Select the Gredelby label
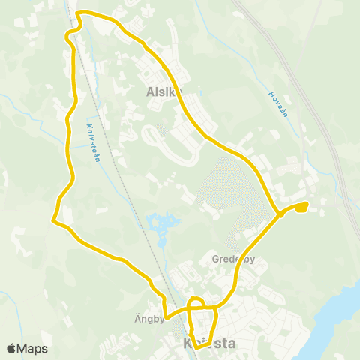(x=233, y=260)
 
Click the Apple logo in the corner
(x=11, y=349)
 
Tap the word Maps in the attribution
(x=32, y=349)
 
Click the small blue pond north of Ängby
(x=165, y=223)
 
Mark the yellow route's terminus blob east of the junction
(x=301, y=206)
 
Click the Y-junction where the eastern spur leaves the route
(x=280, y=214)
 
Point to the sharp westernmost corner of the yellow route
(x=52, y=220)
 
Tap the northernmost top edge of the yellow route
(x=86, y=12)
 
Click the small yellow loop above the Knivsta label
(x=196, y=303)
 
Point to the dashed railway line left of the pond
(x=131, y=202)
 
